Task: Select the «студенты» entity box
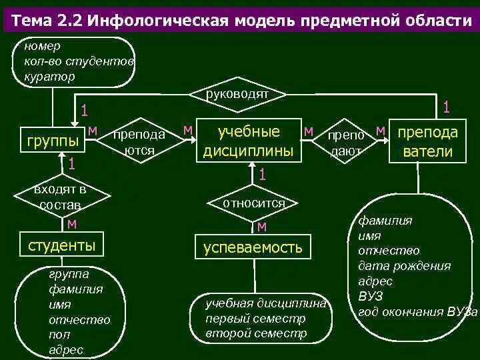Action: (x=61, y=246)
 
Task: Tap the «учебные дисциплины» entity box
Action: (x=248, y=141)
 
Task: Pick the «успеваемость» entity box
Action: (x=253, y=248)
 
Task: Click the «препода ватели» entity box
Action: (x=427, y=141)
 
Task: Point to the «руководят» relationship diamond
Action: (x=239, y=95)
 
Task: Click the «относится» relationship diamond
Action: (x=254, y=203)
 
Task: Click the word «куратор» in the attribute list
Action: (x=49, y=76)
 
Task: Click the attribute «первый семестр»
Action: (x=255, y=319)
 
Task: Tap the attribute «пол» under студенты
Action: (x=59, y=335)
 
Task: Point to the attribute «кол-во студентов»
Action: (x=79, y=61)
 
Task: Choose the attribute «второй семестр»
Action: (x=257, y=333)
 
